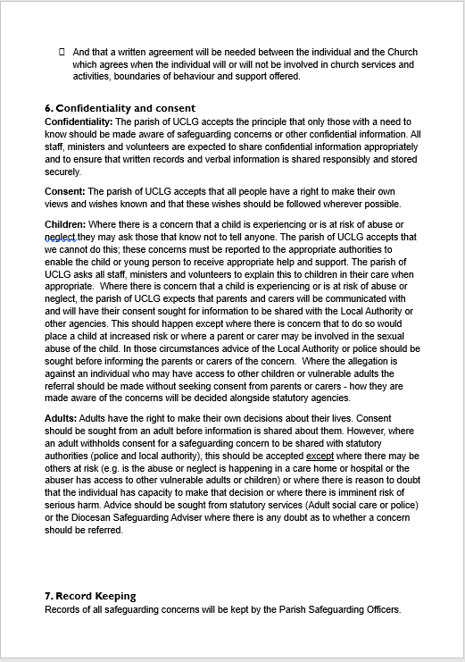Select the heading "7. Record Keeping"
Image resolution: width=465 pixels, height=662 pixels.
click(x=89, y=596)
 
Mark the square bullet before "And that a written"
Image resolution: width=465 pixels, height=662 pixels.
click(x=62, y=53)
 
